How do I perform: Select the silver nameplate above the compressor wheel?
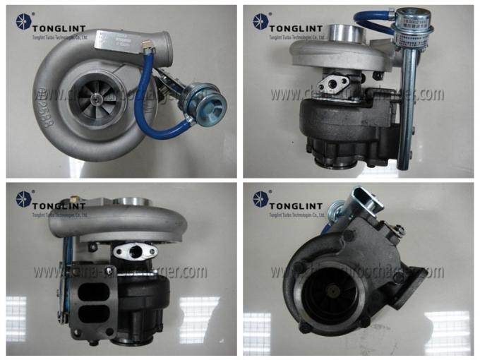click(x=117, y=44)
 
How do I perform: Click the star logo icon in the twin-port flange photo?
click(x=20, y=200)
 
